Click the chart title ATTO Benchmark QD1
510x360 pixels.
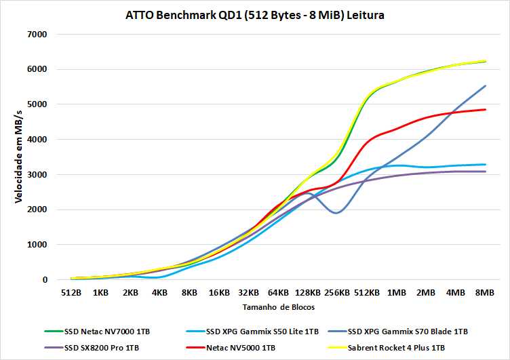(x=254, y=14)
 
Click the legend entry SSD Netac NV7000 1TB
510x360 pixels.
(x=107, y=332)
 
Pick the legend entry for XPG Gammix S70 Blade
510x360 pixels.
(x=407, y=332)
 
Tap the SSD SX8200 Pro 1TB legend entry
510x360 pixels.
(x=102, y=348)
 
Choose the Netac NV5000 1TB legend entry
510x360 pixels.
(x=241, y=348)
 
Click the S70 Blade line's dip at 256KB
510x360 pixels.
(x=337, y=213)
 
